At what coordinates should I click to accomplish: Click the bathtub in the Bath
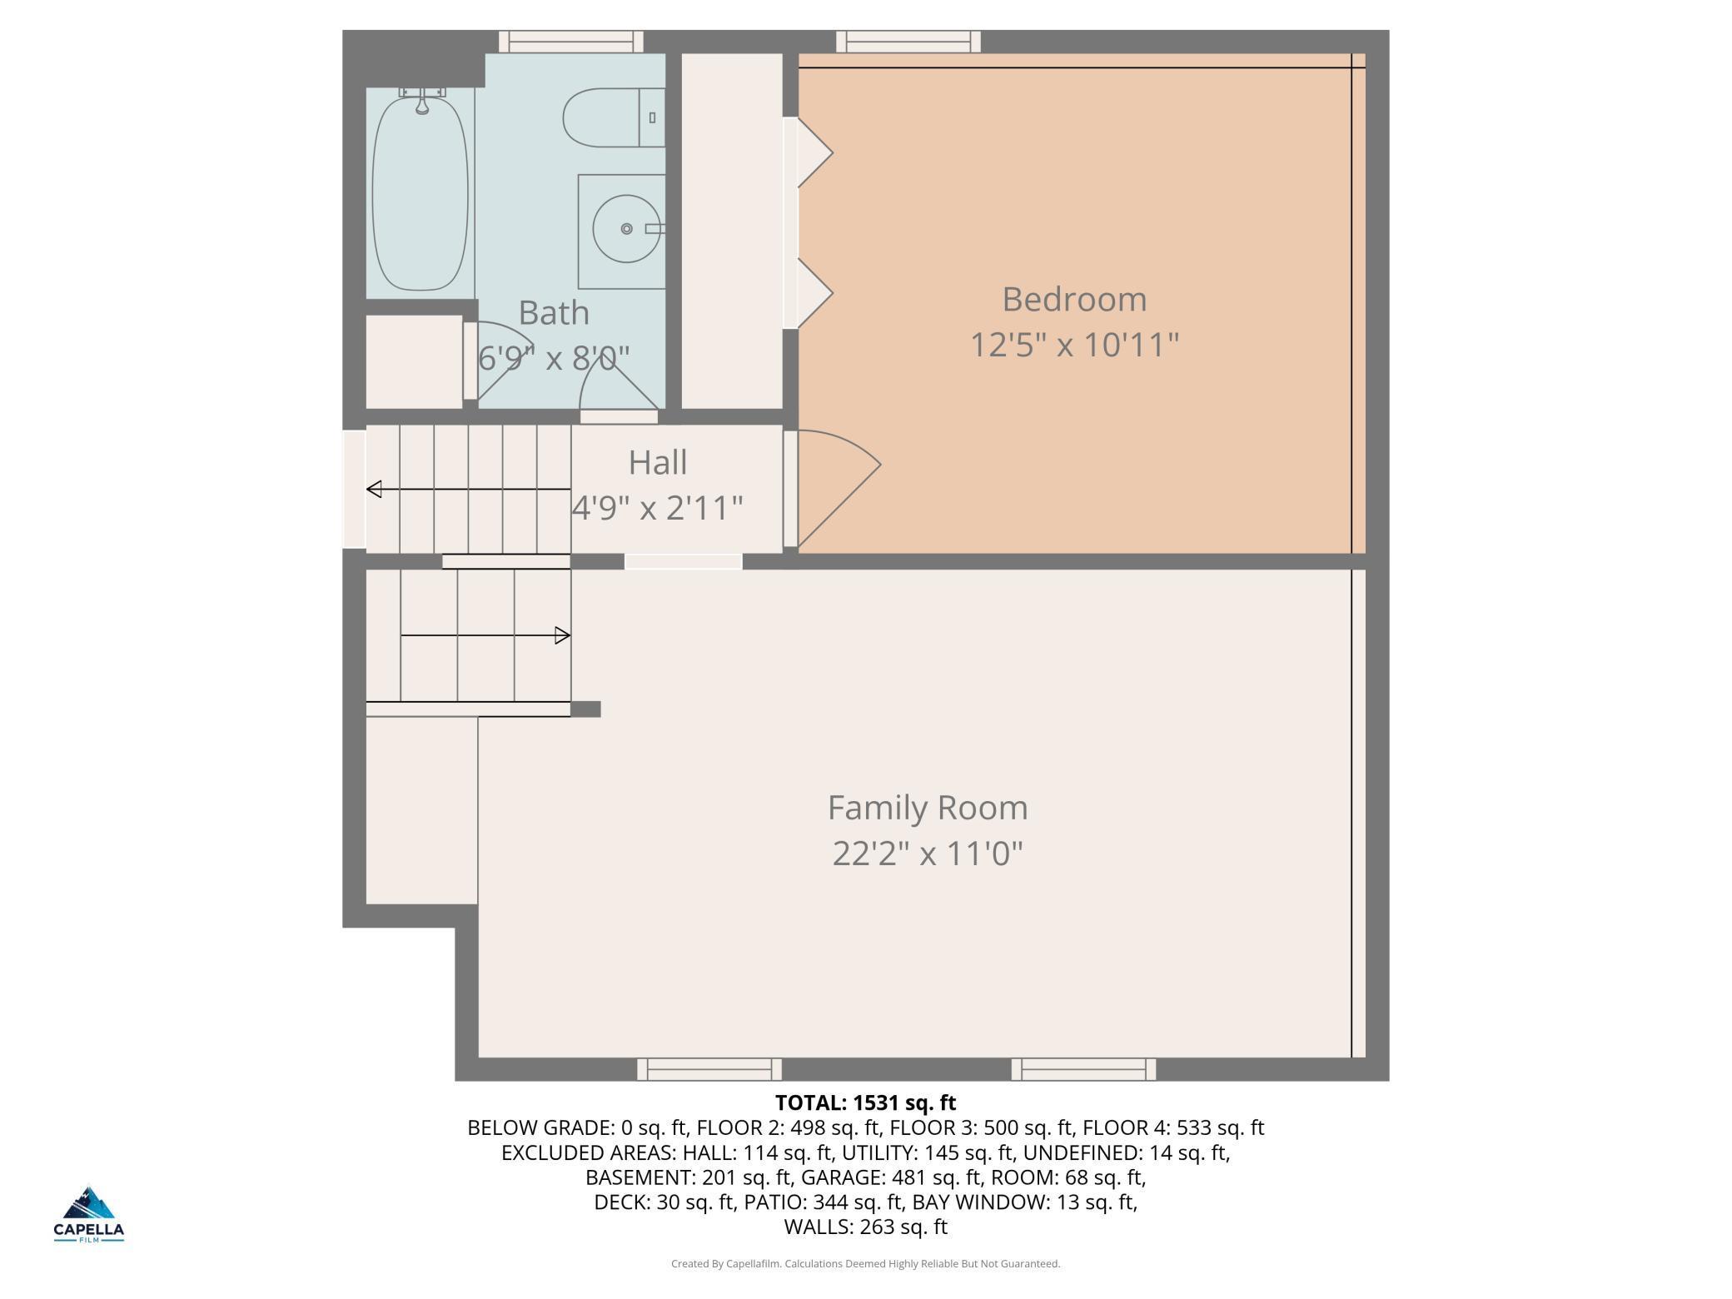point(421,193)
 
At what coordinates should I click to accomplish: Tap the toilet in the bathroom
point(614,117)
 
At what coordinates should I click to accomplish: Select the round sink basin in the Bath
point(626,228)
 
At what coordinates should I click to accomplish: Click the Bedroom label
point(1074,299)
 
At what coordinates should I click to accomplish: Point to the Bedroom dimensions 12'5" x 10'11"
point(1074,344)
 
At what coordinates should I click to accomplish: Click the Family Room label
point(928,808)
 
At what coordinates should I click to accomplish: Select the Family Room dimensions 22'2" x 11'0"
point(928,853)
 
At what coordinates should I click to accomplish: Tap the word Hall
point(658,462)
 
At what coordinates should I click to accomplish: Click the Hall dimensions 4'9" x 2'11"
point(658,507)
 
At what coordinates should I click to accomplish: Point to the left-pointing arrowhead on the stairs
point(375,489)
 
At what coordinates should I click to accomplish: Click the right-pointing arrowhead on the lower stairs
point(563,635)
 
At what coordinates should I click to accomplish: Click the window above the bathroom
point(571,42)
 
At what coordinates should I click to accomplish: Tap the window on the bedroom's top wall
point(908,42)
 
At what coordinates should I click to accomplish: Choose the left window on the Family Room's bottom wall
point(709,1069)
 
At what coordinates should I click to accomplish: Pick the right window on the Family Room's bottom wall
point(1083,1069)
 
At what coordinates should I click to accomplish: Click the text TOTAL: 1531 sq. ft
point(866,1102)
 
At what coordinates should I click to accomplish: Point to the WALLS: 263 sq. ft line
point(866,1227)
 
